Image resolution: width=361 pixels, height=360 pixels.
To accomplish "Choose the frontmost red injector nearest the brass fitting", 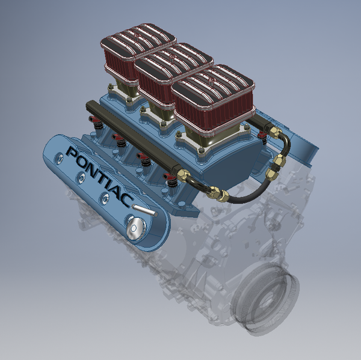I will (x=172, y=178).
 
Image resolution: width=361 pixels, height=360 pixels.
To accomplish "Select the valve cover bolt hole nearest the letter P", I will (x=58, y=157).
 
